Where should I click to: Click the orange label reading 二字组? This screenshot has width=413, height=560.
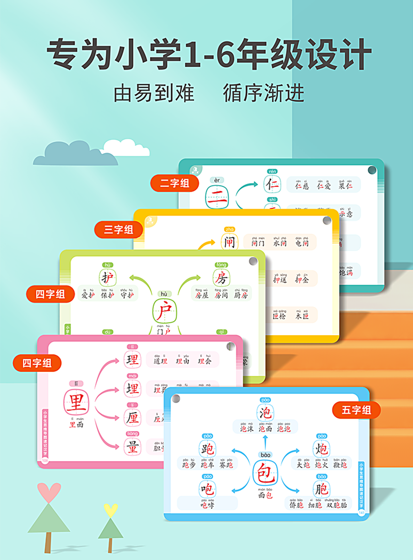174,183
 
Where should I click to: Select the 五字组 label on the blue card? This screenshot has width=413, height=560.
356,410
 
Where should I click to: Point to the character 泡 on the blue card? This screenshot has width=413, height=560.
265,413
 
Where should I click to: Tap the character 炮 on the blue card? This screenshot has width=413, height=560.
321,448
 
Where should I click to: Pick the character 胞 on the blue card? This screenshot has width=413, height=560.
321,488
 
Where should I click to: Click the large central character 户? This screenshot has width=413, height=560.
165,311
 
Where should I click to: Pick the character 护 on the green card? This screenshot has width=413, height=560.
108,277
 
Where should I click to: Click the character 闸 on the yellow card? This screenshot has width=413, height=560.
229,241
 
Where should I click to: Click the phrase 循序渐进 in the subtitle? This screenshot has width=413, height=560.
264,93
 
